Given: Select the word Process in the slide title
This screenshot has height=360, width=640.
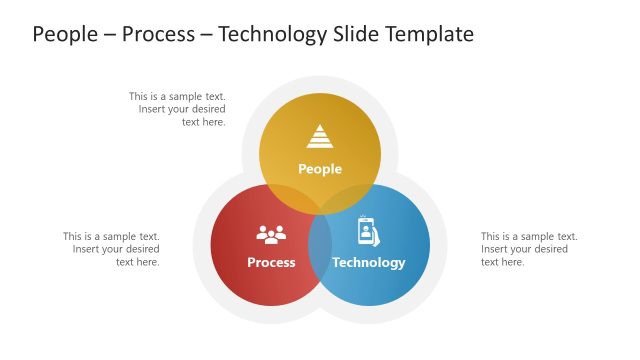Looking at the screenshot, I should [x=159, y=34].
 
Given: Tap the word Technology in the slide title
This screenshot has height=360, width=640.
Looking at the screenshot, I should [x=270, y=34].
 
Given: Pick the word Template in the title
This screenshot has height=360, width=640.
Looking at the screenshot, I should [x=430, y=34].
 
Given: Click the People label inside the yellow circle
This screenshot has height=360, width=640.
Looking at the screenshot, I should [x=320, y=169].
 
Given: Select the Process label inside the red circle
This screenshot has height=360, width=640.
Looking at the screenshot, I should [x=271, y=262].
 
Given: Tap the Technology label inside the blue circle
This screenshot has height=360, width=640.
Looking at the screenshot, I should [x=369, y=262].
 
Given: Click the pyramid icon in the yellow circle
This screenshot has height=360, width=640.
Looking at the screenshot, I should [x=320, y=137].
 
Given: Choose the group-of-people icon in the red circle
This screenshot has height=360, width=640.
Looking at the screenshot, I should [x=271, y=234].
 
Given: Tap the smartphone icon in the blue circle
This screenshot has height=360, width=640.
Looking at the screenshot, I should [x=368, y=232].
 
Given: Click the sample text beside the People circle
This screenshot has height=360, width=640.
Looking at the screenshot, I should [x=177, y=109].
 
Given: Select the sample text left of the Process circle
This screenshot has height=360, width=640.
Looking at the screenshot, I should [x=111, y=249].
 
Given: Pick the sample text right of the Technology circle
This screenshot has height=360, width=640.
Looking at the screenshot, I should [x=529, y=249].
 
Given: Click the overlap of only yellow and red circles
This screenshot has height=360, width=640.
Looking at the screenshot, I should [x=290, y=198].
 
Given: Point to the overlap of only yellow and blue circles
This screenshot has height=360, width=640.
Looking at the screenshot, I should [x=350, y=198].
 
